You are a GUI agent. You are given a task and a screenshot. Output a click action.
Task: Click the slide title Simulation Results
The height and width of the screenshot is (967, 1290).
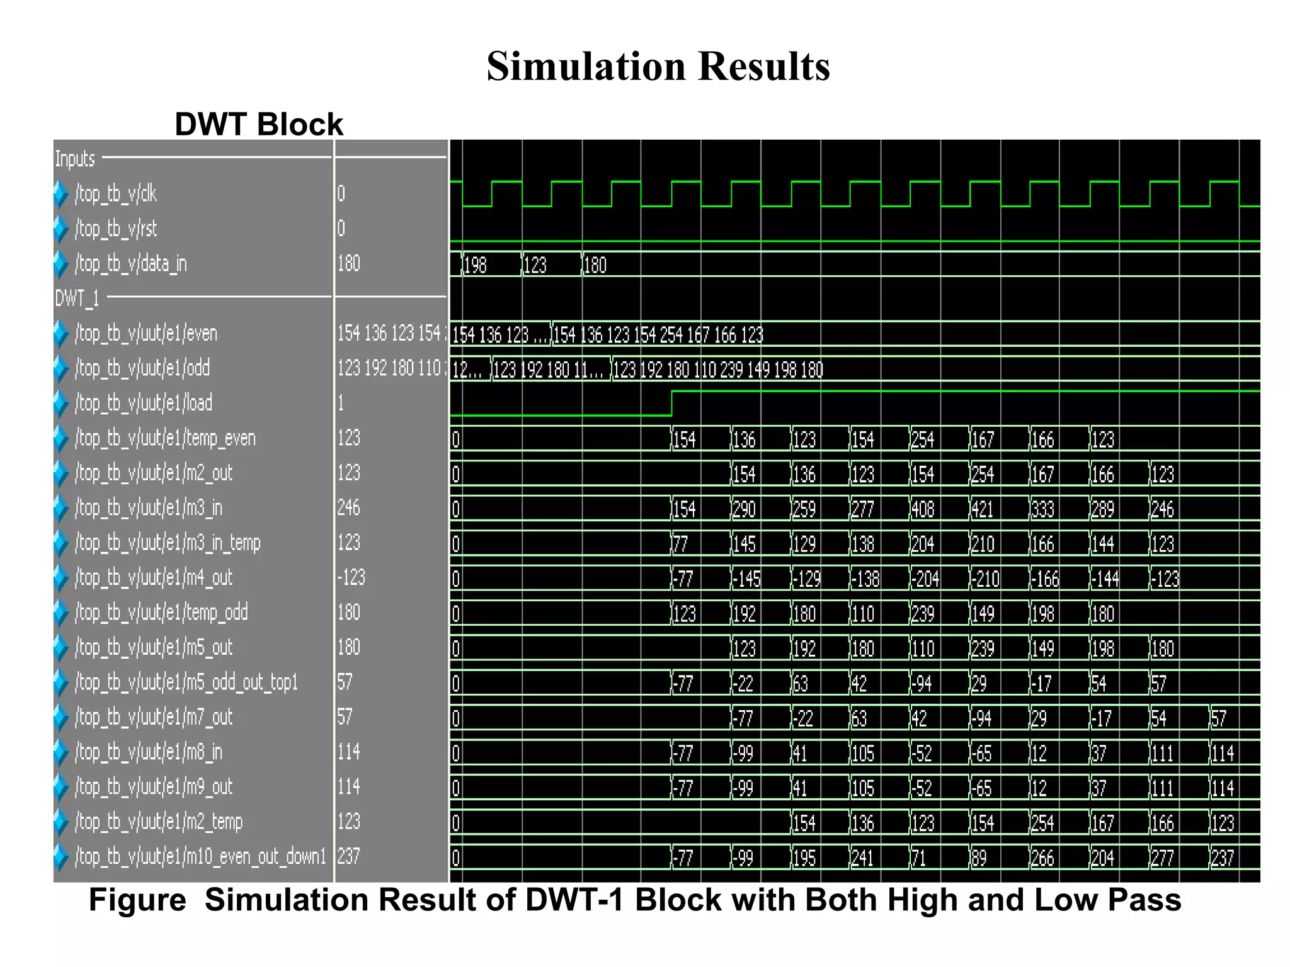pos(658,66)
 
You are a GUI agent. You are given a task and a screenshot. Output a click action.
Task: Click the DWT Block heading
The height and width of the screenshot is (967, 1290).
pos(259,124)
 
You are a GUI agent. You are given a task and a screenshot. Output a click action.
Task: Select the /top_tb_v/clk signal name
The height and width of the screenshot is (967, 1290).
pos(116,194)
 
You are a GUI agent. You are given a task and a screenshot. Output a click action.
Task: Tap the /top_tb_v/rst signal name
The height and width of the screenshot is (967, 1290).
pos(116,229)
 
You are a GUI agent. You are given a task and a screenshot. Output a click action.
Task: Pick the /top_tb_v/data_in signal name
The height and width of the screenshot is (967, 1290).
pos(131,264)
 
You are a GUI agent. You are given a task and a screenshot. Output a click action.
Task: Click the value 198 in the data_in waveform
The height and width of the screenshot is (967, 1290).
pos(476,265)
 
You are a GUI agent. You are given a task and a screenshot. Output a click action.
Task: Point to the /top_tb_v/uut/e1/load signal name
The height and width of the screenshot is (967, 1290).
pos(144,403)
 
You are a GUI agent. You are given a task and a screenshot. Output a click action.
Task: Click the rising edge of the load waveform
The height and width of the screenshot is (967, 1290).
pos(672,403)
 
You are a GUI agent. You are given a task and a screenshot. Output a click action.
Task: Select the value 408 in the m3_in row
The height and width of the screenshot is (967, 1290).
pos(923,509)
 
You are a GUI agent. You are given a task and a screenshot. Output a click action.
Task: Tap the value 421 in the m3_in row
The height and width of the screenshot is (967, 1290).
pos(982,509)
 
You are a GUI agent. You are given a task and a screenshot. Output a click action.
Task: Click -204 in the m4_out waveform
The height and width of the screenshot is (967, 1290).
pos(925,579)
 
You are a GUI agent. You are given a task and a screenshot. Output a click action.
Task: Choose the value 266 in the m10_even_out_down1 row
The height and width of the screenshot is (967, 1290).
pos(1042,858)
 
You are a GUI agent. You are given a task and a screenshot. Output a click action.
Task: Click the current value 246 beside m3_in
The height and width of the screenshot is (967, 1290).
pos(349,507)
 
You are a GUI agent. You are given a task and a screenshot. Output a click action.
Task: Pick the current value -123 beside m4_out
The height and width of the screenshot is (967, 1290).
pos(351,577)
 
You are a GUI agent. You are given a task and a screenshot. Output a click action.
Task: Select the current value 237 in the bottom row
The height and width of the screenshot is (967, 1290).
pos(349,856)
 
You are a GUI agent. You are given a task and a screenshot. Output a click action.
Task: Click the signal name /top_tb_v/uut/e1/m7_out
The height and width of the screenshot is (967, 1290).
pos(154,717)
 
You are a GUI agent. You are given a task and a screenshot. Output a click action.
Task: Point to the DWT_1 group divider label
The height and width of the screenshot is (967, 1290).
pos(77,298)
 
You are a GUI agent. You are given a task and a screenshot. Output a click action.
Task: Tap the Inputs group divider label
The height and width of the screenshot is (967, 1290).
pos(75,159)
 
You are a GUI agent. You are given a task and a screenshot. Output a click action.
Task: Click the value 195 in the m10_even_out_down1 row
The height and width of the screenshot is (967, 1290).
pos(804,858)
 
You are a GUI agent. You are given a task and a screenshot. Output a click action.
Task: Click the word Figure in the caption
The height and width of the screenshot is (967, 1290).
pos(137,900)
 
